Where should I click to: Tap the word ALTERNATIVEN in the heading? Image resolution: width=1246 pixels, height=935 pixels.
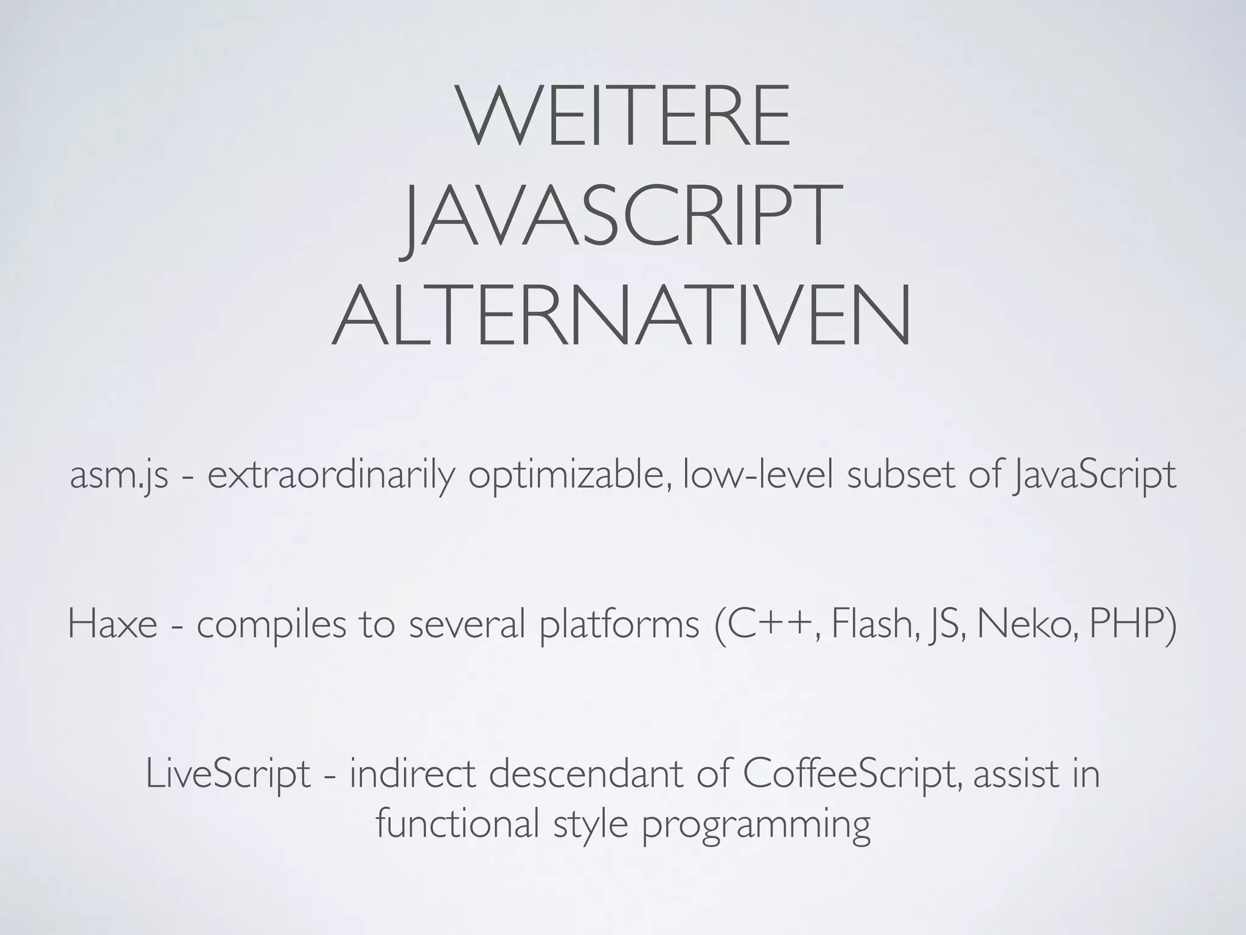pyautogui.click(x=622, y=316)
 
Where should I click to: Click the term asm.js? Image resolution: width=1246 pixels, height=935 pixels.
pyautogui.click(x=119, y=475)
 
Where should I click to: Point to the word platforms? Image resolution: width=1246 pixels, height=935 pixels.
pyautogui.click(x=619, y=625)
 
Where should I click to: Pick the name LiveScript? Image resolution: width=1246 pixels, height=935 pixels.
pyautogui.click(x=228, y=775)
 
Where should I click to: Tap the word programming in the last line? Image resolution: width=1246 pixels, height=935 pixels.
pyautogui.click(x=756, y=825)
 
